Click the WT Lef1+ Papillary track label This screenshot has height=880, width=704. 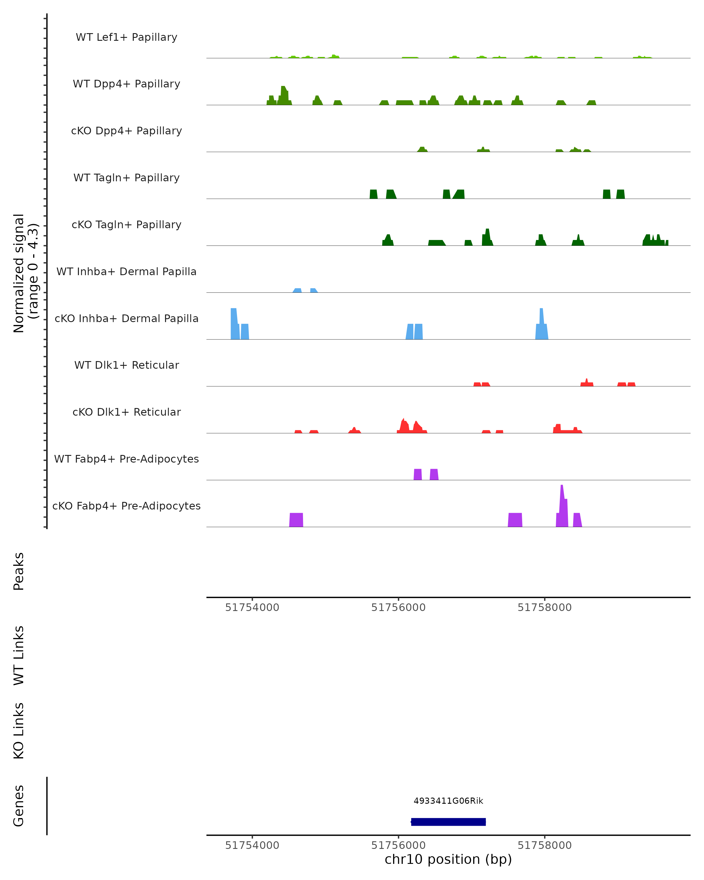coord(126,37)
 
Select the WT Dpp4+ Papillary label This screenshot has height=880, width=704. coord(126,84)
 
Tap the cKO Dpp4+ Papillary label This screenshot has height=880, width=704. coord(126,131)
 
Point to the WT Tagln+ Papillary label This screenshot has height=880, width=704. coord(126,178)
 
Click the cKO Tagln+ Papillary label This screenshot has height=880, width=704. coord(126,225)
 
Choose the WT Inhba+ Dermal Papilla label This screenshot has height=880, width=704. coord(126,272)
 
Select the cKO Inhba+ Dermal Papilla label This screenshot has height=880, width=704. coord(126,319)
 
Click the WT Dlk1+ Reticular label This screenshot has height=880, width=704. coord(126,365)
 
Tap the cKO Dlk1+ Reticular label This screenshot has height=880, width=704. coord(126,412)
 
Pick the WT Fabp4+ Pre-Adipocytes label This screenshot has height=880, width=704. coord(126,459)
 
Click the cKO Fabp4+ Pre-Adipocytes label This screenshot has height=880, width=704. coord(126,506)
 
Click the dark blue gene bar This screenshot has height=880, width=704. coord(448,822)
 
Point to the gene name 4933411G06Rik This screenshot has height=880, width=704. coord(448,801)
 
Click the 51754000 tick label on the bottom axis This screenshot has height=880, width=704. coord(252,845)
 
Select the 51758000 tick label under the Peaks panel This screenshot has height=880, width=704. coord(544,607)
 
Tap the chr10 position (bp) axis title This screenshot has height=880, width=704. coord(448,859)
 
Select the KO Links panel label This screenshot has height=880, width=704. coord(19,731)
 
